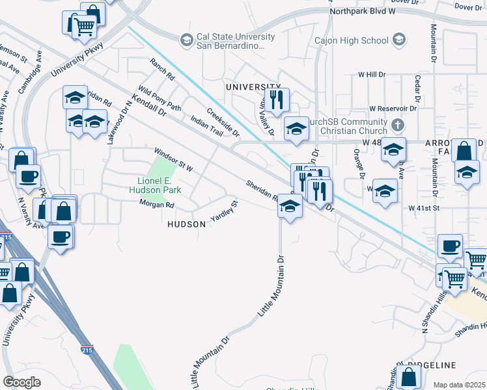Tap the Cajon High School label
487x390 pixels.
click(x=352, y=41)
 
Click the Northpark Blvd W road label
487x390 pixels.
click(x=363, y=12)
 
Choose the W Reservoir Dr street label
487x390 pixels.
click(x=393, y=108)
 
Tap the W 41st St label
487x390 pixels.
click(x=424, y=208)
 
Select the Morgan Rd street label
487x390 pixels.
click(x=157, y=205)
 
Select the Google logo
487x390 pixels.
click(x=21, y=382)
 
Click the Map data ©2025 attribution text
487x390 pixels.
click(x=459, y=385)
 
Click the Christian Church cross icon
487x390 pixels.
click(x=398, y=124)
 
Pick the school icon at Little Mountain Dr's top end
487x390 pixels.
click(x=290, y=207)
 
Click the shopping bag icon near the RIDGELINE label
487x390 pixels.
click(x=408, y=376)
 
